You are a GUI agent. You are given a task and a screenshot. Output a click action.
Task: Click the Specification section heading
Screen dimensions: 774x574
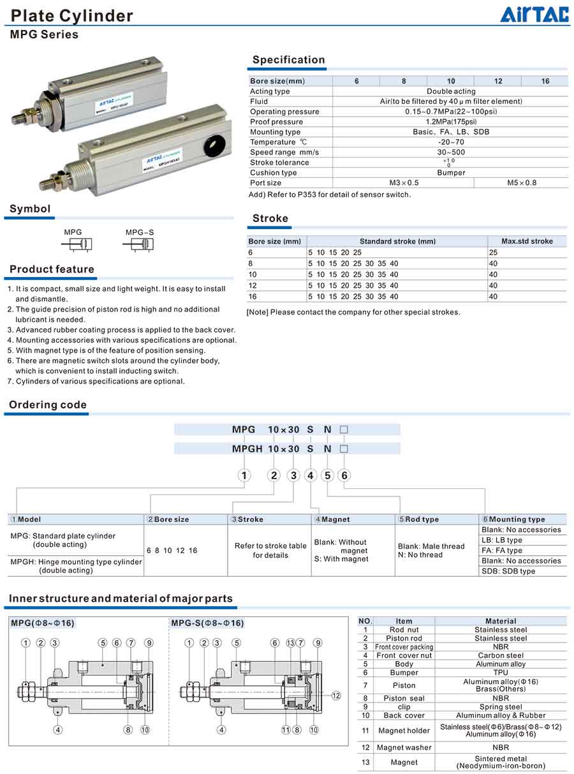[288, 60]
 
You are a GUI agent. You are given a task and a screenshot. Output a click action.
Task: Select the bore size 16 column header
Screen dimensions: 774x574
[545, 81]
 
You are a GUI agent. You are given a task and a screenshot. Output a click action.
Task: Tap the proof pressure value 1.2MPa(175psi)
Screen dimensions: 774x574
[450, 122]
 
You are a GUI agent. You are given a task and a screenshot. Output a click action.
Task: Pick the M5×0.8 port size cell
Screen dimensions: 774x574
[521, 183]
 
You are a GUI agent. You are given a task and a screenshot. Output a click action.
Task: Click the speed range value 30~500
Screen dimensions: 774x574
[450, 153]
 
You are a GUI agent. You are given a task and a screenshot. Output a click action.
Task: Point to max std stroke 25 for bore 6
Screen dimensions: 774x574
[493, 253]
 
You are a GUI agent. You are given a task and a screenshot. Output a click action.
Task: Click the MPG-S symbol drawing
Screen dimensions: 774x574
[147, 244]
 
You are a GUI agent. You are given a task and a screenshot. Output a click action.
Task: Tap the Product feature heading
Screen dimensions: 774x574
[52, 269]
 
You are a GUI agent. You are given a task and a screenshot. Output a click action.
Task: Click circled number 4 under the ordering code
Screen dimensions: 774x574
[311, 475]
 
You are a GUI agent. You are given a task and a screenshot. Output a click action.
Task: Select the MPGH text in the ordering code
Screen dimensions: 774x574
[246, 449]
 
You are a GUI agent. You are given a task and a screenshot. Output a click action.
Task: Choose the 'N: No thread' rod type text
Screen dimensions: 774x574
[420, 555]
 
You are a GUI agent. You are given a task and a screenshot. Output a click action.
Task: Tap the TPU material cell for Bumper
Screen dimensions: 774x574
[501, 673]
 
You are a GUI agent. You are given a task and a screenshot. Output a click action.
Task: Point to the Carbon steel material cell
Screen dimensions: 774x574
[501, 655]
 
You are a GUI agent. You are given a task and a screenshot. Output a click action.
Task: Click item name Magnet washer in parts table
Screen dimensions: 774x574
[404, 747]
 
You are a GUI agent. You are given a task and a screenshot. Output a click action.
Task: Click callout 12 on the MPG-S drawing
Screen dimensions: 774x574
[336, 696]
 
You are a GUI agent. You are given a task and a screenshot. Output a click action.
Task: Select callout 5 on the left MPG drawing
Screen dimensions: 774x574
[103, 643]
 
